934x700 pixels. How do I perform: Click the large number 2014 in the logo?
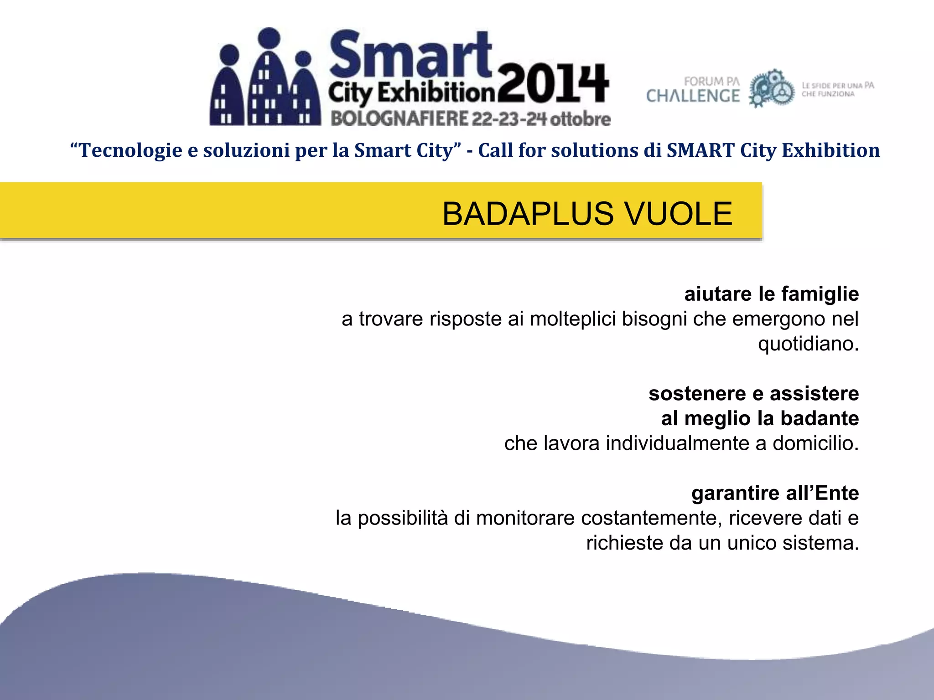553,83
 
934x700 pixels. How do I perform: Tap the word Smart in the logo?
410,56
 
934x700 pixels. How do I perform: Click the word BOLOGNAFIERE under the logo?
399,119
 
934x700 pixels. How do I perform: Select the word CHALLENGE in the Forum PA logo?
693,96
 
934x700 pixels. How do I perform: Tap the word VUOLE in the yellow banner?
679,214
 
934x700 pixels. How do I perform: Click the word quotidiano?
808,344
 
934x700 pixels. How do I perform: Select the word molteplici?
573,319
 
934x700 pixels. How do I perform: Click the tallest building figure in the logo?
269,77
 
